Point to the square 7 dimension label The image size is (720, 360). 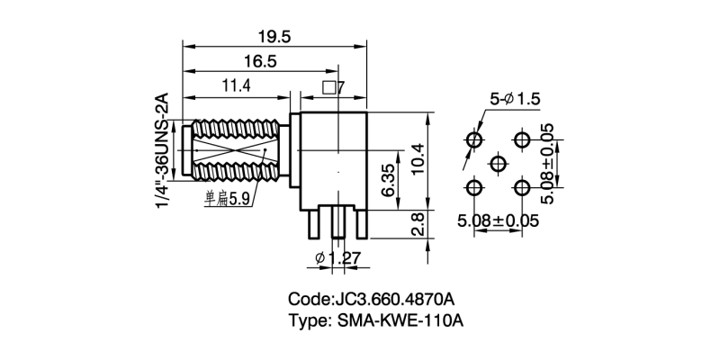(x=333, y=89)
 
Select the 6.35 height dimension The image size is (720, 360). (x=388, y=181)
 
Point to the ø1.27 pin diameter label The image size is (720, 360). (x=337, y=259)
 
